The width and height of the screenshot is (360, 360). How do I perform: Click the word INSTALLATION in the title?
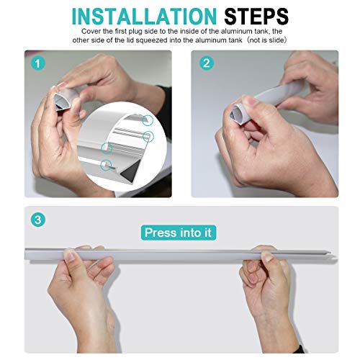(x=144, y=17)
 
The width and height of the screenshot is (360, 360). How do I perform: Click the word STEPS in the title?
(x=256, y=17)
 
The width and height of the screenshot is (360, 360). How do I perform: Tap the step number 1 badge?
(x=38, y=63)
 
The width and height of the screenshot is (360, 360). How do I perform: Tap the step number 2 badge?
(x=207, y=63)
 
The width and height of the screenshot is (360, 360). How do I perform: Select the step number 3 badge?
(x=38, y=220)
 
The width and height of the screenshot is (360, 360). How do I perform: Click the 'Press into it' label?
(x=179, y=233)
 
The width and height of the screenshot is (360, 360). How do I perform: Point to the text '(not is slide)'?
(x=266, y=40)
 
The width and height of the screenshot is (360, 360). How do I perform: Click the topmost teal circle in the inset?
(x=148, y=120)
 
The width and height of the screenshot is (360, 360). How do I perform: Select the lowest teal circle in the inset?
(x=106, y=165)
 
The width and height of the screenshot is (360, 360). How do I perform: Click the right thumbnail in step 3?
(x=267, y=256)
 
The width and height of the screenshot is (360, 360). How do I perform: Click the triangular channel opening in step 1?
(x=59, y=101)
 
